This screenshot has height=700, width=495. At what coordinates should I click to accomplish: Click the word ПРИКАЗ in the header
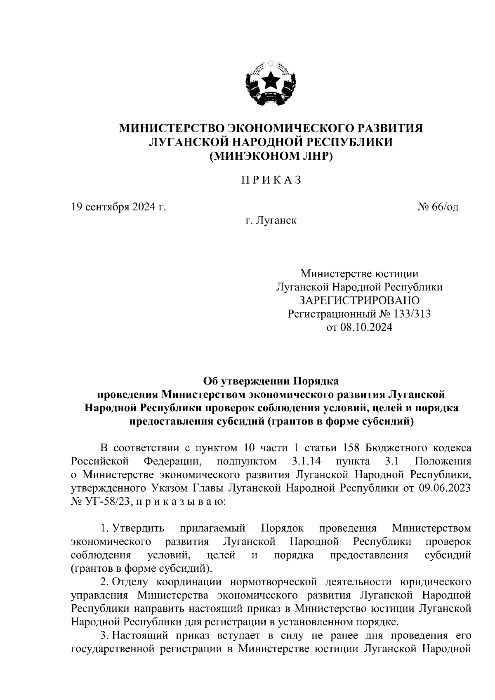[271, 180]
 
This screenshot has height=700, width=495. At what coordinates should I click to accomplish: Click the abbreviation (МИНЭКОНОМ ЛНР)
[271, 156]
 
